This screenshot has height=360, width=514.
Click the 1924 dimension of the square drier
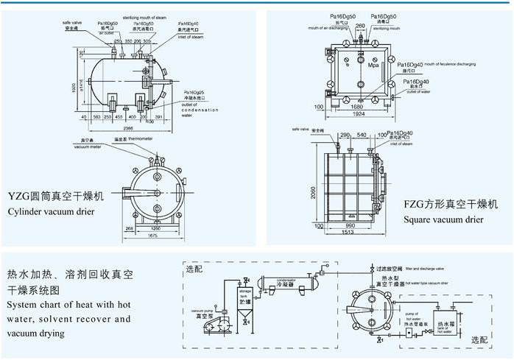coord(360,115)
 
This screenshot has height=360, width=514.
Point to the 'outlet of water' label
coord(420,91)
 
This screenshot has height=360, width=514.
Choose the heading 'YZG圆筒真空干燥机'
coord(56,197)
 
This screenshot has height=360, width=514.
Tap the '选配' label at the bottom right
coord(479,340)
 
